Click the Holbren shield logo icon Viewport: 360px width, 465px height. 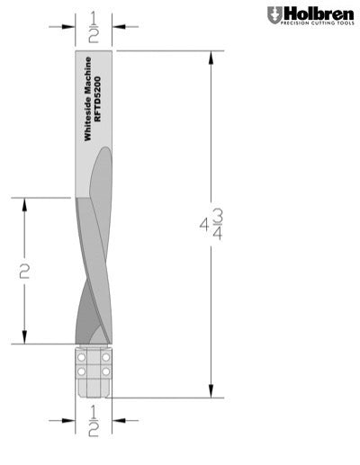click(x=274, y=14)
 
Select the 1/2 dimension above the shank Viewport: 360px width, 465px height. click(x=93, y=28)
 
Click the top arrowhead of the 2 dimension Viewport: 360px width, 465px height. click(x=24, y=203)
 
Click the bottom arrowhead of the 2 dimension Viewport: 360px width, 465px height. click(x=24, y=337)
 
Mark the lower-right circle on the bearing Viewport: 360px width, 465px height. click(x=105, y=370)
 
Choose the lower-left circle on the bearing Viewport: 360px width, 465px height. click(x=81, y=370)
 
